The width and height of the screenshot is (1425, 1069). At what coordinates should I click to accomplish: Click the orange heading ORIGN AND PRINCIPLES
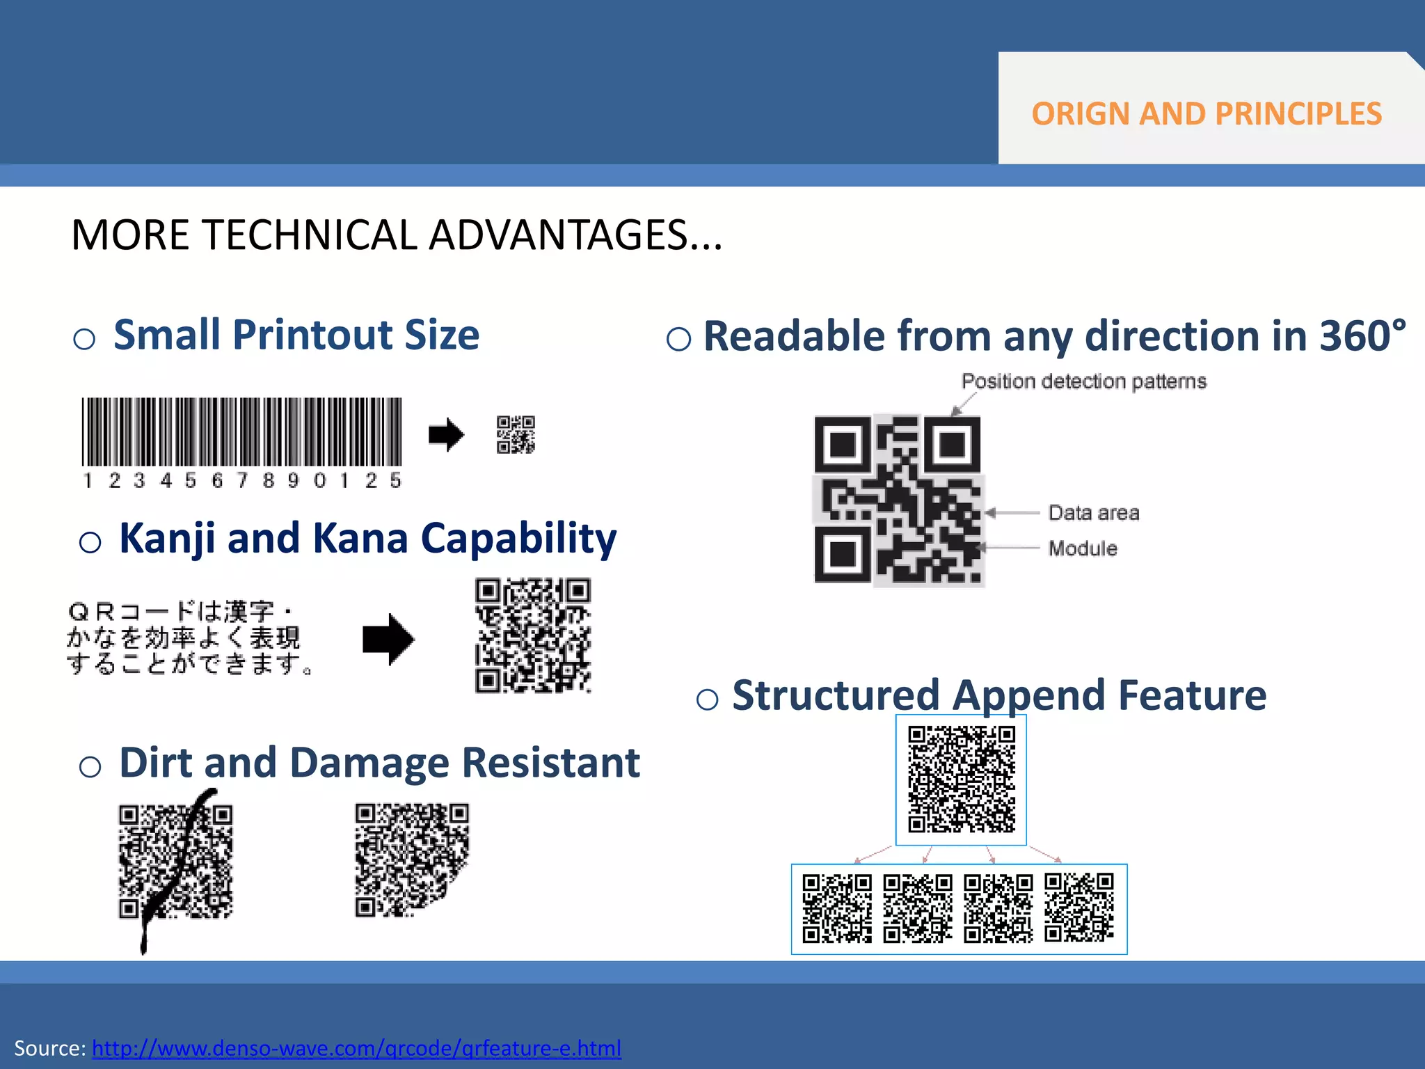click(x=1206, y=113)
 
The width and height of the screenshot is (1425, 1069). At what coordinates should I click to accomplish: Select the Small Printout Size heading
click(x=296, y=335)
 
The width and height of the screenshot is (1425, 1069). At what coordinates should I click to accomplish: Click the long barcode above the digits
click(x=241, y=431)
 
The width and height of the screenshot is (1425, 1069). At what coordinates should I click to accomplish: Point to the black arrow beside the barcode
click(x=446, y=435)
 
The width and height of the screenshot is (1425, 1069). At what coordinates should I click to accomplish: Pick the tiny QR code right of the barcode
click(x=516, y=435)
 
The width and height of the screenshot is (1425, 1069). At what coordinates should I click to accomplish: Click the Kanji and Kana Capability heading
click(x=367, y=538)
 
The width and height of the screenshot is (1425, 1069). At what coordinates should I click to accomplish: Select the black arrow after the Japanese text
click(x=388, y=639)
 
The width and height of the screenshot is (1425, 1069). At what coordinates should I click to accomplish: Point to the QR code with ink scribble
click(x=175, y=862)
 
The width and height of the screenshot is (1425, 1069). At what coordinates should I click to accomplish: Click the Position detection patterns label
click(x=1083, y=381)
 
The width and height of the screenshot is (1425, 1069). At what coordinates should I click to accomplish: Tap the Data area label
click(x=1093, y=513)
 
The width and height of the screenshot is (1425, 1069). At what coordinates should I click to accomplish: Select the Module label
click(x=1083, y=548)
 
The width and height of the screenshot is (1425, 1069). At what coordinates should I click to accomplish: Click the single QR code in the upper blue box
click(x=961, y=779)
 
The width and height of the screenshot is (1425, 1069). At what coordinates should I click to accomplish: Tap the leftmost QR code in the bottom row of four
click(x=837, y=909)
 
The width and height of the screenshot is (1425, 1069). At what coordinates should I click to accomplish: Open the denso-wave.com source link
click(x=356, y=1048)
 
